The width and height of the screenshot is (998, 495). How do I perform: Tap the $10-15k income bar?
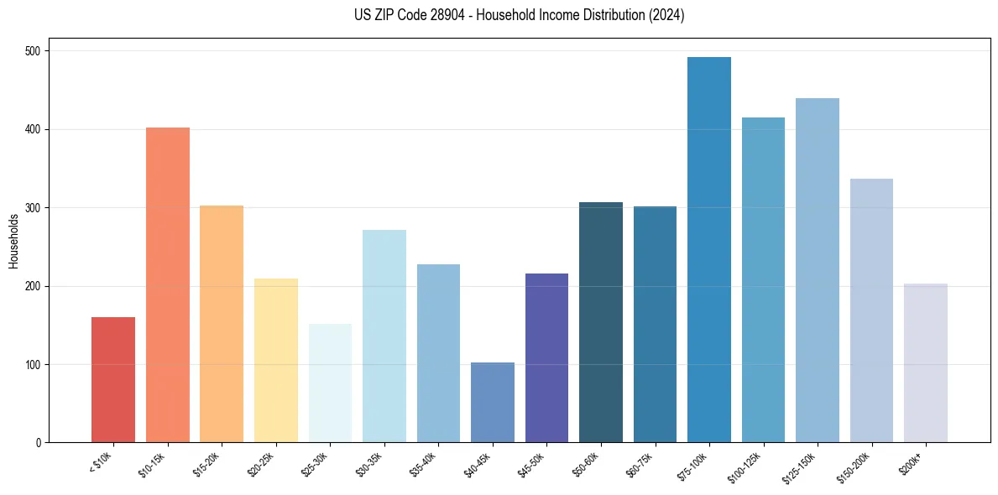167,285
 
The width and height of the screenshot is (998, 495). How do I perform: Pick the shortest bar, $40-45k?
493,403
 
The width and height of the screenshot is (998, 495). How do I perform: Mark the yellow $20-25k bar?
275,361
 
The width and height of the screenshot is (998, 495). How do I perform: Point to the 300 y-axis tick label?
34,208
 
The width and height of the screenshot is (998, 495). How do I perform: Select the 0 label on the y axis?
39,443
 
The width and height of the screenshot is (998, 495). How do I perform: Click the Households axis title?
13,241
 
